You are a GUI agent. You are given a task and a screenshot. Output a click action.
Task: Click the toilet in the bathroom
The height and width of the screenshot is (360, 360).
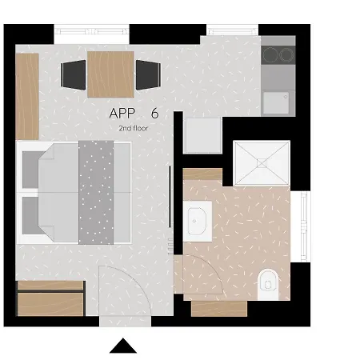pos(268,284)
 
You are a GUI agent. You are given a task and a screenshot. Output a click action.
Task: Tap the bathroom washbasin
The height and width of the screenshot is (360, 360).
pos(197,221)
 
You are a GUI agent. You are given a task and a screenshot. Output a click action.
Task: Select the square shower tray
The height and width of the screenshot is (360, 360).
pos(262,163)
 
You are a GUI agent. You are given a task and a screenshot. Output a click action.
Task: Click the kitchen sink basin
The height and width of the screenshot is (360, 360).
pos(276,103)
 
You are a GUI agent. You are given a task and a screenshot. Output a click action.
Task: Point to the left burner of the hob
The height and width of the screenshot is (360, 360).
pos(270,54)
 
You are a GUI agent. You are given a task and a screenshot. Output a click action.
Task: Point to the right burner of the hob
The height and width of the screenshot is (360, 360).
pos(286,54)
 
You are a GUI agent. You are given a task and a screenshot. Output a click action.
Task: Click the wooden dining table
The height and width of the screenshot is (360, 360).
pos(110,74)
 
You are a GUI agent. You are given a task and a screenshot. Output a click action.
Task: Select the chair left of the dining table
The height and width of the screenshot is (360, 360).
pos(74,75)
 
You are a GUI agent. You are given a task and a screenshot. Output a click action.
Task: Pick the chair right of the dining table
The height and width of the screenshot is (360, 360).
pos(148,75)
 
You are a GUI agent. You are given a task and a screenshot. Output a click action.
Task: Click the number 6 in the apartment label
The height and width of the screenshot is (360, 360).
pos(154,114)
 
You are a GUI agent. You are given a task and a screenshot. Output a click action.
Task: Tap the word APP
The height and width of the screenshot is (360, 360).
pos(122,114)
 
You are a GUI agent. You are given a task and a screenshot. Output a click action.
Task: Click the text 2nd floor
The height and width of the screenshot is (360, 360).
pos(134,128)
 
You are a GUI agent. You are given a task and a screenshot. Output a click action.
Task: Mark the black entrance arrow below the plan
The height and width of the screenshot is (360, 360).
pos(123,346)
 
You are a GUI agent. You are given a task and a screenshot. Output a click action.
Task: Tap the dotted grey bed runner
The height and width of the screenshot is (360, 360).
pos(96,193)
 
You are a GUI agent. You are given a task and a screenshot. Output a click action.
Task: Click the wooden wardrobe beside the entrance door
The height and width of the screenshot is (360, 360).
pos(50,298)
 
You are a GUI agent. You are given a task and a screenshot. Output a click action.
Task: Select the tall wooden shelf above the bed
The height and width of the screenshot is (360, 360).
pos(27,96)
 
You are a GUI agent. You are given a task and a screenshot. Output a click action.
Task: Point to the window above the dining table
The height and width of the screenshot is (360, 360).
pos(92,31)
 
